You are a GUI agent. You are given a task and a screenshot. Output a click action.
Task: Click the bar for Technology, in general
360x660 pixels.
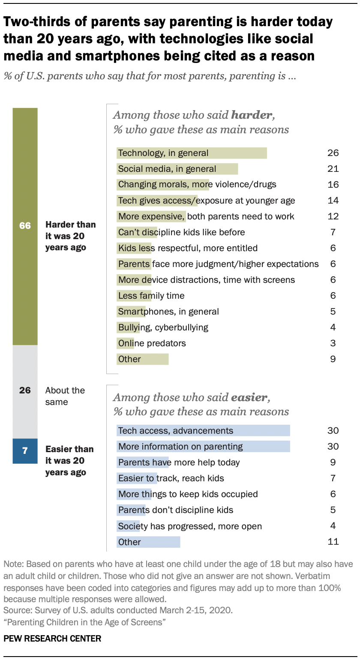192,153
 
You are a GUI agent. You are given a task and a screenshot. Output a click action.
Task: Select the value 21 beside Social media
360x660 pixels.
333,169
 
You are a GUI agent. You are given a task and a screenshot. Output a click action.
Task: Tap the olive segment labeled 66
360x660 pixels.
25,226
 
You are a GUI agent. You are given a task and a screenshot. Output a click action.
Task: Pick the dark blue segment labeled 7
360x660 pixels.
25,451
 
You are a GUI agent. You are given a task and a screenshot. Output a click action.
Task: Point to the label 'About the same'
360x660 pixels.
65,396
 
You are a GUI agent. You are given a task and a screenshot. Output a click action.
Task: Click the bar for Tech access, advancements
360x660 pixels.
203,431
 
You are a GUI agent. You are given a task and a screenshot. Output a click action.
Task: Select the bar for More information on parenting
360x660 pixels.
203,447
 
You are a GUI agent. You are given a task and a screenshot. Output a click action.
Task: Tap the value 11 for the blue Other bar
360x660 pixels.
333,542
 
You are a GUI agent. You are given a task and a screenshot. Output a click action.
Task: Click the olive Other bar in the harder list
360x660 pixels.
142,359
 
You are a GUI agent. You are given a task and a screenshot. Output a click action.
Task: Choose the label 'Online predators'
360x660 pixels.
152,343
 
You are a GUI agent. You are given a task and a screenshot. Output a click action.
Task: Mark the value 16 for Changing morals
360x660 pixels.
333,185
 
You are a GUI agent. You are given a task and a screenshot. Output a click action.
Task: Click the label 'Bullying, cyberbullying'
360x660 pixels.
163,327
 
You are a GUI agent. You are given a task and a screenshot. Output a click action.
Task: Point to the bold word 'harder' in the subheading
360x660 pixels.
252,115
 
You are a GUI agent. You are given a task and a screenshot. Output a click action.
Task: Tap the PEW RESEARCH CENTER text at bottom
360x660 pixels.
52,639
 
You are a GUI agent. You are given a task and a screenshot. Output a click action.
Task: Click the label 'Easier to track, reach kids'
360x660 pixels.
171,478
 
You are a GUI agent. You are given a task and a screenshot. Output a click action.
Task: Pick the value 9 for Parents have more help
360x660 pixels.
333,462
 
